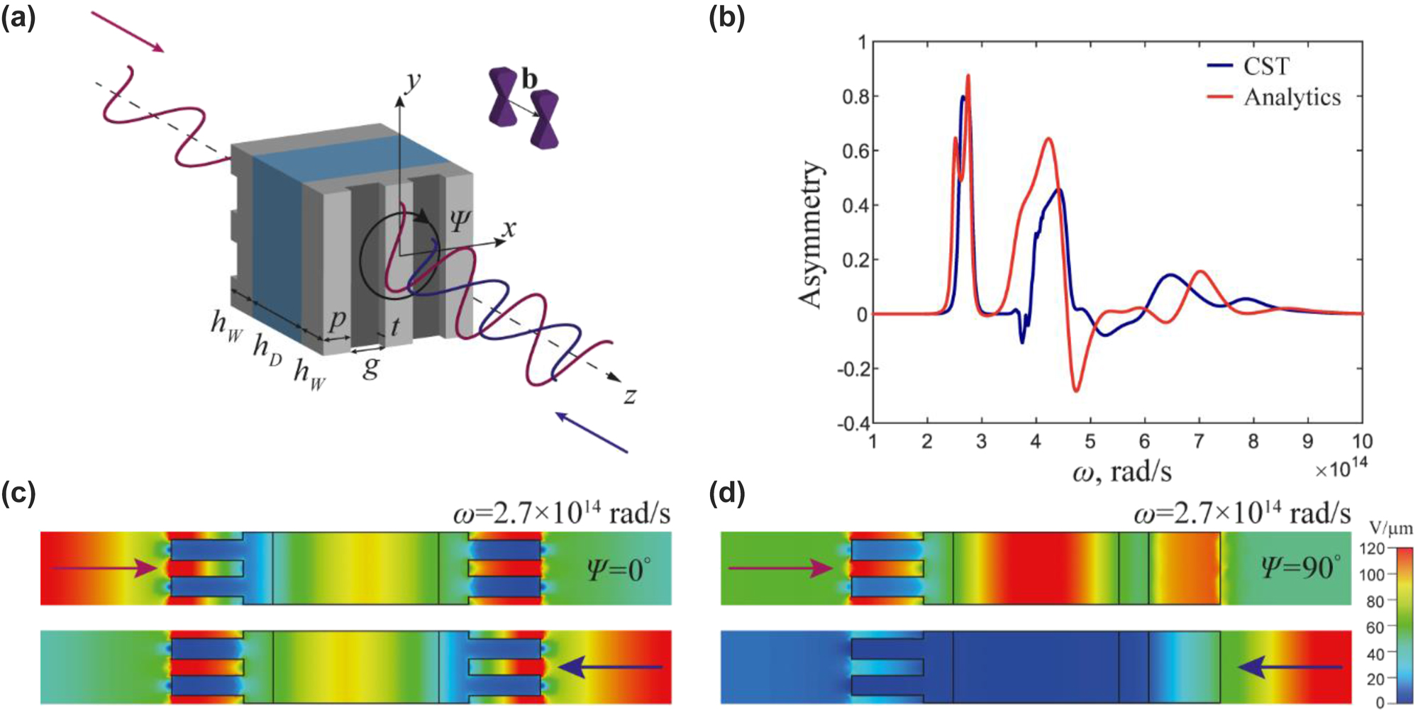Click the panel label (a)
coord(18,18)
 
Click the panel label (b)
coord(727,18)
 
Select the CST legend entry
coord(1265,67)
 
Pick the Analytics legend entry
coord(1292,97)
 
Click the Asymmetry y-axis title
coord(811,234)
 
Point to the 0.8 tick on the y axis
coord(854,96)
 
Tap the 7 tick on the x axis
coord(1199,442)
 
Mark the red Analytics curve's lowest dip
coord(1076,391)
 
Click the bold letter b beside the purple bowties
coord(529,79)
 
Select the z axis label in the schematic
coord(630,396)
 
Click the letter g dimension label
coord(370,367)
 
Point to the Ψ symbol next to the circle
coord(460,221)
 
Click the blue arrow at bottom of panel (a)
coord(592,432)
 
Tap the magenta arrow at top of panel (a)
coord(128,32)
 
